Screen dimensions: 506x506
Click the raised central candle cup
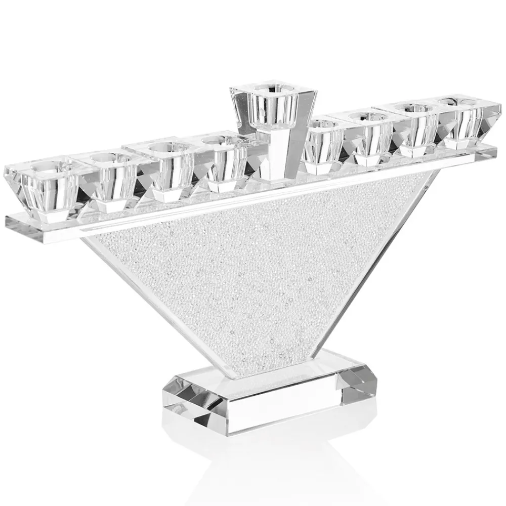(x=273, y=104)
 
